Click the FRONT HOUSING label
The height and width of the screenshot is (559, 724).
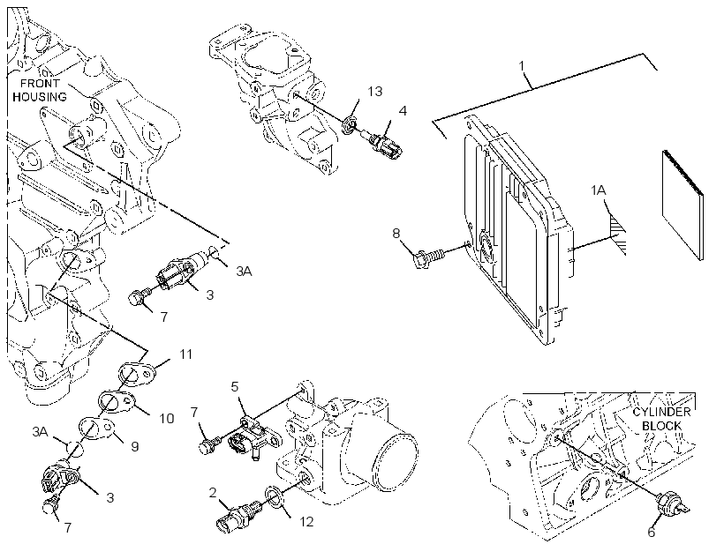point(40,90)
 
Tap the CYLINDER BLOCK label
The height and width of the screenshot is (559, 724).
point(661,419)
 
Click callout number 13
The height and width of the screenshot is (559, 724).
point(375,92)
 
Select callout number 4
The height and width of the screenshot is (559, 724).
point(403,111)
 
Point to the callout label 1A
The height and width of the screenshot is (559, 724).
point(599,190)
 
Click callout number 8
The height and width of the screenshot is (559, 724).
point(396,234)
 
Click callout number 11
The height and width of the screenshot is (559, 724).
point(185,354)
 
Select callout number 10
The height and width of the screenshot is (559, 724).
point(167,418)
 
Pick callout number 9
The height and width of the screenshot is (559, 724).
point(135,446)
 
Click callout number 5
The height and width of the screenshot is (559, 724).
point(235,386)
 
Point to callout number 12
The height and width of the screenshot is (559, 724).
point(306,522)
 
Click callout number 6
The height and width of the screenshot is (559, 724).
point(651,533)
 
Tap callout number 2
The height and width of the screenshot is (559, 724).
point(213,493)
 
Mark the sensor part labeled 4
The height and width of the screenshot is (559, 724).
point(384,144)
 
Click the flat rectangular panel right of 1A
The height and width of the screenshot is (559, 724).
point(683,205)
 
